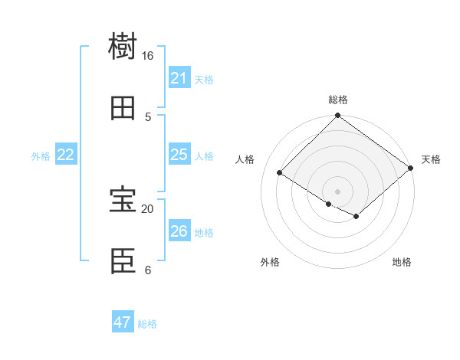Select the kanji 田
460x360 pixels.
tap(123, 108)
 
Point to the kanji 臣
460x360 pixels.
tap(123, 262)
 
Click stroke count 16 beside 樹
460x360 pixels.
tap(147, 56)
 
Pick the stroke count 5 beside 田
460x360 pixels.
tap(148, 116)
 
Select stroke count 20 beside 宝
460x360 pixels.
tap(147, 208)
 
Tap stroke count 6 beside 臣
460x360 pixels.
tap(148, 270)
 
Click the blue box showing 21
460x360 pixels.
tap(179, 78)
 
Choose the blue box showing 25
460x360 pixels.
tap(179, 155)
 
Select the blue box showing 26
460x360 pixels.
tap(179, 231)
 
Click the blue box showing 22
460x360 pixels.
tap(65, 155)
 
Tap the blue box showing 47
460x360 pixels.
tap(122, 322)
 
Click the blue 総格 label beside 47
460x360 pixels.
tap(147, 324)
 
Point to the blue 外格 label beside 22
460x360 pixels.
tap(41, 156)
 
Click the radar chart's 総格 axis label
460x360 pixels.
tap(338, 100)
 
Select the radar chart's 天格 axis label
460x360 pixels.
tap(431, 159)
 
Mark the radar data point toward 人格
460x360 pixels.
tap(280, 173)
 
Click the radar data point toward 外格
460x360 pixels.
tap(328, 204)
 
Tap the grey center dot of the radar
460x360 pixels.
tap(337, 191)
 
